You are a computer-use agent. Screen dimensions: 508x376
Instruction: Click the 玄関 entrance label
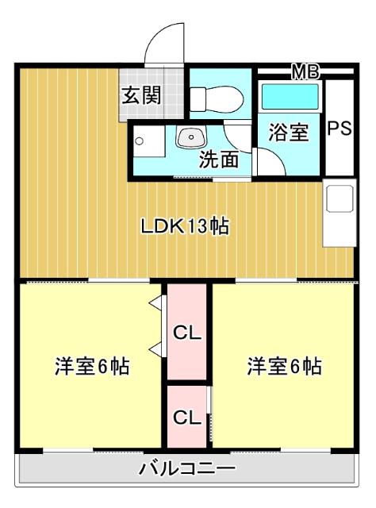click(141, 97)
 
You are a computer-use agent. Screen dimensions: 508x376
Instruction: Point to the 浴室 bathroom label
click(288, 132)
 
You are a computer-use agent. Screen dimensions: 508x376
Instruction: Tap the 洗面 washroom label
click(218, 159)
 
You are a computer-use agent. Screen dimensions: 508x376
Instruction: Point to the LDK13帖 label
click(185, 226)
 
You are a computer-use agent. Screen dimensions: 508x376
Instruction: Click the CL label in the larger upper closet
click(186, 333)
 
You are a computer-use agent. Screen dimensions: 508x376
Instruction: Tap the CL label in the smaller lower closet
click(186, 416)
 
